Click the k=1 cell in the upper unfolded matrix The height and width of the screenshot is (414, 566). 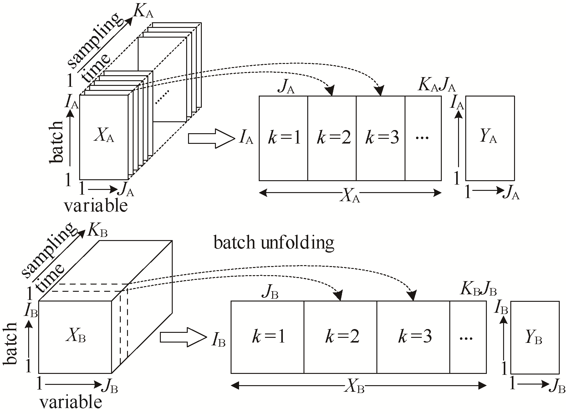point(283,138)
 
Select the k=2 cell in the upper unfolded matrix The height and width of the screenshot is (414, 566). point(332,138)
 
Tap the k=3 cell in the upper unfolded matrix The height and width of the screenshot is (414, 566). point(381,138)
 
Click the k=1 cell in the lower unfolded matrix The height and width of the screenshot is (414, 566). point(268,337)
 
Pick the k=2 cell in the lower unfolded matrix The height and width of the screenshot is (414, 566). point(340,337)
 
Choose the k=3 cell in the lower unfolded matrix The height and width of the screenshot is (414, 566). point(413,337)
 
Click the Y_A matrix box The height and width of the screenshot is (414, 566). point(490,138)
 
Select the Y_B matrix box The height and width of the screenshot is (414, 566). point(535,337)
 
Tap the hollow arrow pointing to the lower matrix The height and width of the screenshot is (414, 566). point(183,337)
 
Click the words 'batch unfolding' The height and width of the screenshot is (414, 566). point(274,243)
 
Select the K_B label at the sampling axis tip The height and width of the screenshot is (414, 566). point(98,231)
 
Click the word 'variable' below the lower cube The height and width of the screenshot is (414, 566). point(71,402)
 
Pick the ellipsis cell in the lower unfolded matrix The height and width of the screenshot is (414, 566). point(468,337)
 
